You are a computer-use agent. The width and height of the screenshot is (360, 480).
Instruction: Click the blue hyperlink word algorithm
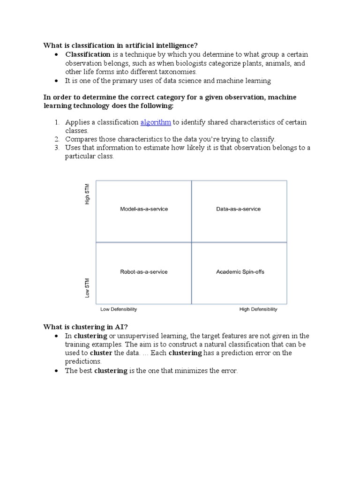point(156,122)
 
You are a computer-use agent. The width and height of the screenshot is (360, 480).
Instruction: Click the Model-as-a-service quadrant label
point(144,209)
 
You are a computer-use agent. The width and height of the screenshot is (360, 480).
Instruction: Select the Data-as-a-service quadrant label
point(239,209)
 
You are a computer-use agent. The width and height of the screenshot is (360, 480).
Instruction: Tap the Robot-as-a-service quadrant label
point(144,272)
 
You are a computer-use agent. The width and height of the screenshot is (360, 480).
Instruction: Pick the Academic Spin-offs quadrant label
point(240,272)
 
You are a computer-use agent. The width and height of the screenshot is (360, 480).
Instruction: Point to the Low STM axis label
point(87,288)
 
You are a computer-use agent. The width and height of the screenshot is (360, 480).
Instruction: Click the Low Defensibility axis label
point(119,309)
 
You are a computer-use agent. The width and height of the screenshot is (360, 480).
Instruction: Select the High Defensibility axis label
point(258,309)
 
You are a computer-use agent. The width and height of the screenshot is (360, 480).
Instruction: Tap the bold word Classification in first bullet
point(88,55)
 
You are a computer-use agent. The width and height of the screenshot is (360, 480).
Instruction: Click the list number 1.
point(56,122)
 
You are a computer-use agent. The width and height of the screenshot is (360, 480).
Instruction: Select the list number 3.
point(56,148)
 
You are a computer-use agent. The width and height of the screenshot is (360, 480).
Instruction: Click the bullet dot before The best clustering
point(56,371)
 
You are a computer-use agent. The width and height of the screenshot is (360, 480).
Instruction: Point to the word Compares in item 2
point(81,139)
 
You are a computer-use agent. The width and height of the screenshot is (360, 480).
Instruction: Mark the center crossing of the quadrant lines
point(191,242)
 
